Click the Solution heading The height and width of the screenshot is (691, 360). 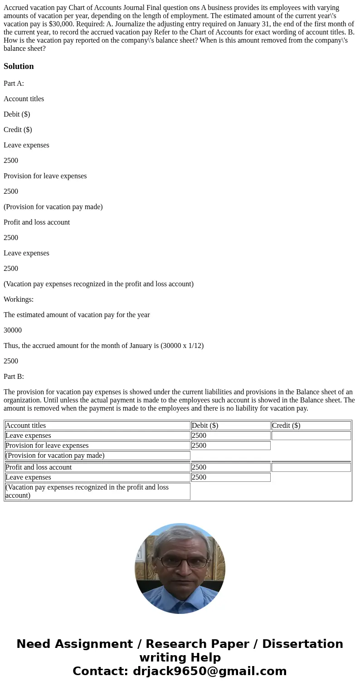click(19, 66)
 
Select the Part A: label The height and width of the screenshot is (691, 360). click(14, 83)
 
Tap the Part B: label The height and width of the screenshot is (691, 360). click(14, 377)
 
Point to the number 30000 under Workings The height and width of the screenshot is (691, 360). click(13, 330)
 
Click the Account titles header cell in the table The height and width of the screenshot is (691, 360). click(25, 426)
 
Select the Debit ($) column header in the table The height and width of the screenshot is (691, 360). click(205, 426)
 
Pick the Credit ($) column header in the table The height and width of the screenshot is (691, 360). click(286, 426)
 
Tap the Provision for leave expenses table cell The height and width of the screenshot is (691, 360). click(47, 446)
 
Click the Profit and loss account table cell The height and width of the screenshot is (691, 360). click(39, 467)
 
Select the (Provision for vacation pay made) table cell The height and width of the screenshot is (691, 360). click(55, 456)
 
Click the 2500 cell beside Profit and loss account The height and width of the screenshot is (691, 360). click(199, 467)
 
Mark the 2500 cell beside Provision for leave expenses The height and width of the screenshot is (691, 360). click(199, 446)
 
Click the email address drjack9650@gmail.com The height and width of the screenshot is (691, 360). click(209, 671)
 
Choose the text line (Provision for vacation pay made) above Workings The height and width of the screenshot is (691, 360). click(53, 207)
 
